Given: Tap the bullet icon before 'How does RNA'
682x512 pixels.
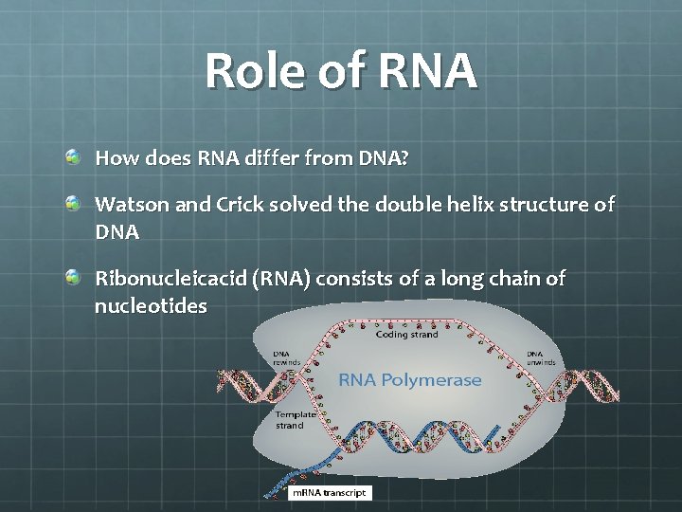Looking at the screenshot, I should (73, 155).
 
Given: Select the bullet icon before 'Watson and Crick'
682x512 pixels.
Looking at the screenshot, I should (73, 203).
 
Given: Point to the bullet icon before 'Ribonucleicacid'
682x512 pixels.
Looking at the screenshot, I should (73, 276).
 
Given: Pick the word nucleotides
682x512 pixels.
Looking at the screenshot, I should (151, 306).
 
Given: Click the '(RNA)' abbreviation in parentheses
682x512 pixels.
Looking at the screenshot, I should (281, 279).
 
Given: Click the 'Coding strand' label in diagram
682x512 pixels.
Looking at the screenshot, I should (406, 334).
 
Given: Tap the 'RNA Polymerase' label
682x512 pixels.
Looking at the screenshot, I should (410, 380).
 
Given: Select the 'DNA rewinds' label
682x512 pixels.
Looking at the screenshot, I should (287, 358).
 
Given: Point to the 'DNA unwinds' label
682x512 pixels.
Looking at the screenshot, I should (543, 358).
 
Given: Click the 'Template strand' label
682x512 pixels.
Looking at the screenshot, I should (289, 420).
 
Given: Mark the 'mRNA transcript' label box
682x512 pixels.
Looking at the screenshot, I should (329, 493).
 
